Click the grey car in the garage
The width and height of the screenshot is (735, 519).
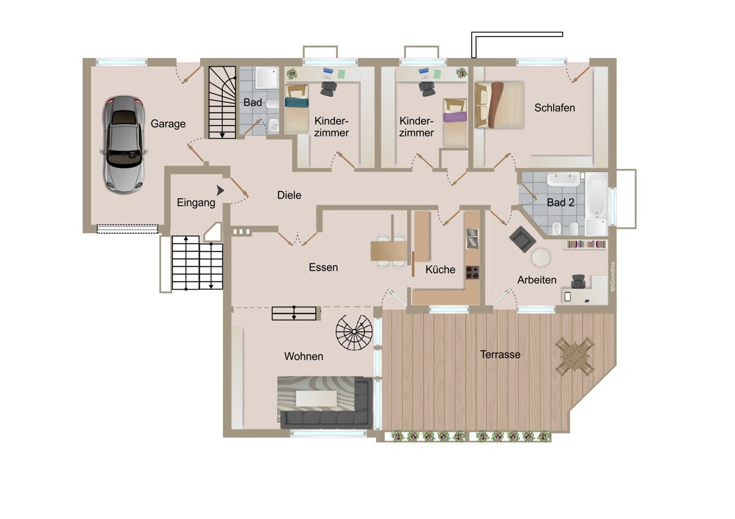(x=124, y=144)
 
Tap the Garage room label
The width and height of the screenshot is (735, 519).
(x=168, y=124)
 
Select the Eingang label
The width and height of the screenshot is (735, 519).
(x=196, y=203)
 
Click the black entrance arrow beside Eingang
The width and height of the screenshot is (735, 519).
(x=220, y=190)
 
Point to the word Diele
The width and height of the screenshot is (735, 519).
(x=289, y=195)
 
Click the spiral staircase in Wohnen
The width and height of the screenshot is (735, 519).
(x=354, y=332)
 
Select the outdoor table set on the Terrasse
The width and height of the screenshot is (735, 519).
(x=575, y=357)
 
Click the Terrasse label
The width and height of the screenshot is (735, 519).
(x=500, y=354)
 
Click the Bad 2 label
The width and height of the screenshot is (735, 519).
(x=560, y=203)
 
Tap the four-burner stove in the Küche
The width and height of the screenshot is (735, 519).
(x=472, y=272)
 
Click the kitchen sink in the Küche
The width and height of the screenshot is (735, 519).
(x=472, y=238)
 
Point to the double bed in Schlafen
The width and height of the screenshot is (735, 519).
(x=499, y=105)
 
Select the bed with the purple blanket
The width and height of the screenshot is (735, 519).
(x=454, y=123)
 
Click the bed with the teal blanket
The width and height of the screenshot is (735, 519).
(x=296, y=108)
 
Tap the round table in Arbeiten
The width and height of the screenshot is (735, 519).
(x=541, y=258)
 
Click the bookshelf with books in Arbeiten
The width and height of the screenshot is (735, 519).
(x=586, y=245)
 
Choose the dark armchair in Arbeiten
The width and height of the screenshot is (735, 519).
(x=522, y=239)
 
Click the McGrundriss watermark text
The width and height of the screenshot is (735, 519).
(x=612, y=277)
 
